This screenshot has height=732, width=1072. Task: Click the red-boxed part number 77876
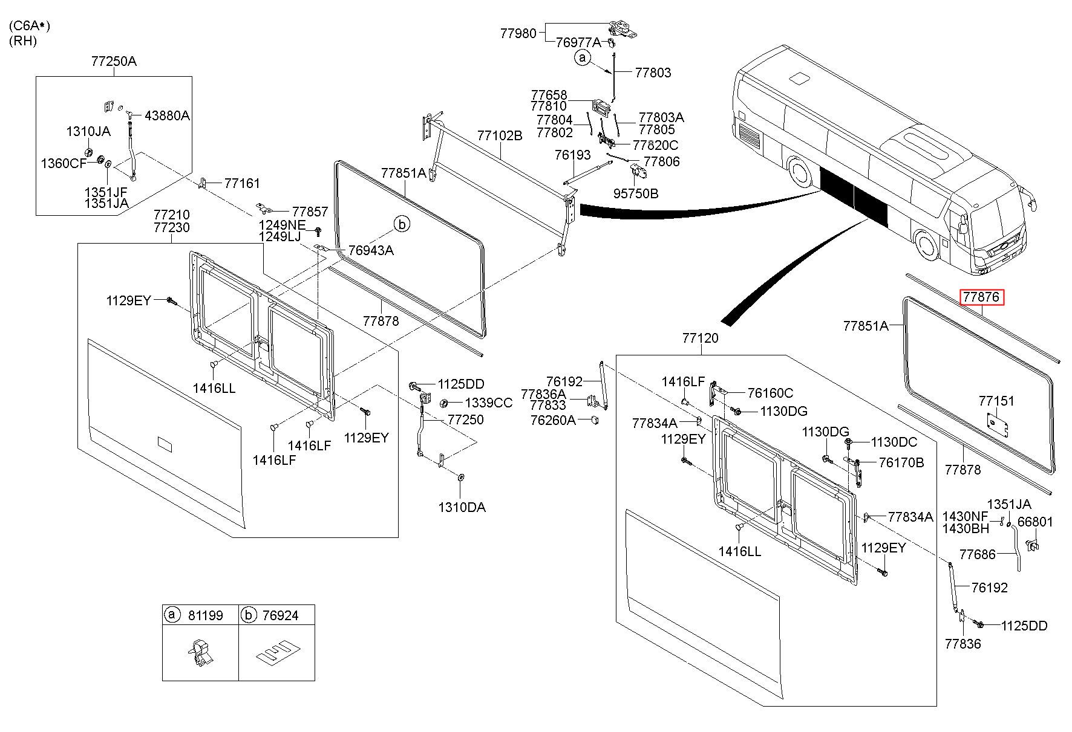(x=982, y=297)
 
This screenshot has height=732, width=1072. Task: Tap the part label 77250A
(x=114, y=61)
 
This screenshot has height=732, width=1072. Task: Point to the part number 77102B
(x=499, y=135)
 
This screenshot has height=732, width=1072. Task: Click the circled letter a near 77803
(x=582, y=58)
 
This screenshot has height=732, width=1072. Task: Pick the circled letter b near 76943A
(x=402, y=224)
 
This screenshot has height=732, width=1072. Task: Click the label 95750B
(x=636, y=193)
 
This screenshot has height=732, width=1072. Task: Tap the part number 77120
(x=700, y=338)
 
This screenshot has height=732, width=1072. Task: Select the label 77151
(x=996, y=401)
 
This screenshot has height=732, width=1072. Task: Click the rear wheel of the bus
(x=800, y=172)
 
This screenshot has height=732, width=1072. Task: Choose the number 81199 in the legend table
(x=205, y=615)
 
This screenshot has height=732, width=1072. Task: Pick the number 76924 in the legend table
(x=280, y=615)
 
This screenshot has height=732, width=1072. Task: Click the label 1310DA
(x=462, y=508)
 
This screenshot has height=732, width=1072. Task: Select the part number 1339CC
(x=488, y=403)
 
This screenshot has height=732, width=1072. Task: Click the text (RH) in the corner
(x=22, y=41)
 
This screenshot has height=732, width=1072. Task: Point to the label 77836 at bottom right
(x=963, y=644)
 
